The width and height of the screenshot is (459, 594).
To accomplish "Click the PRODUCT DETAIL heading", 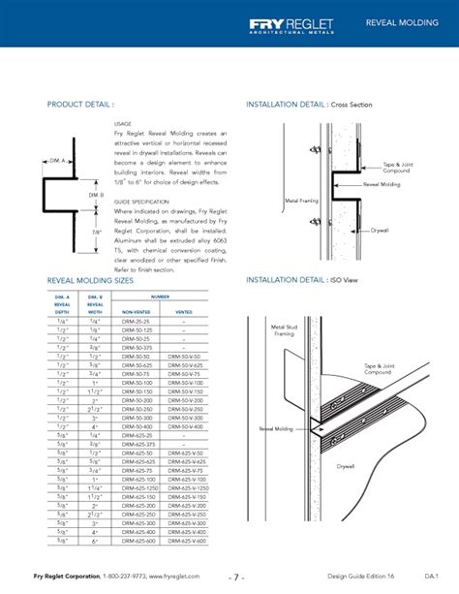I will (80, 103).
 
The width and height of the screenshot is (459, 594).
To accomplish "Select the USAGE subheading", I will (122, 124).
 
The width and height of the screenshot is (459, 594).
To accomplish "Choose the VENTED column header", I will (185, 311).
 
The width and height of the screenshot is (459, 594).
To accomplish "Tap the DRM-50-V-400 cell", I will (185, 426).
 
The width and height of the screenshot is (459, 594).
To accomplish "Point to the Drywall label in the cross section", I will (381, 231).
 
